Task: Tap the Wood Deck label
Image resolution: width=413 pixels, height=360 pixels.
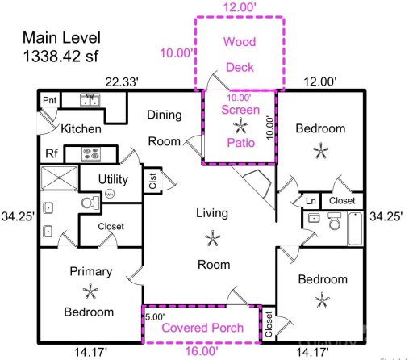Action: pyautogui.click(x=239, y=54)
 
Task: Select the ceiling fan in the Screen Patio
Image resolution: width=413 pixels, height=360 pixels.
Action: pyautogui.click(x=240, y=125)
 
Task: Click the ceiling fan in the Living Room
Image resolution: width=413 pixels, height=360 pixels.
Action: pyautogui.click(x=213, y=238)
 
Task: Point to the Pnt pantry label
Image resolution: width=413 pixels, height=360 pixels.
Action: pyautogui.click(x=50, y=101)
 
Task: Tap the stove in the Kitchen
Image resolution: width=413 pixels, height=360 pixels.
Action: pyautogui.click(x=90, y=153)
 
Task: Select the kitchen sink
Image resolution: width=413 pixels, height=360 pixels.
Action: pyautogui.click(x=90, y=101)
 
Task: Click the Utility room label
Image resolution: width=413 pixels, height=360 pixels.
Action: pyautogui.click(x=113, y=178)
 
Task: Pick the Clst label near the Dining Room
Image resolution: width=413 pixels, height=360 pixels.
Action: pyautogui.click(x=152, y=181)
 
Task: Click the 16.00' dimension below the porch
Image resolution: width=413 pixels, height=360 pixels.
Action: pyautogui.click(x=202, y=351)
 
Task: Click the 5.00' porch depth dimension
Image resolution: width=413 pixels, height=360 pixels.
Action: pyautogui.click(x=155, y=317)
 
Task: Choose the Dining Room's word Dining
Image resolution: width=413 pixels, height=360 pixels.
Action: pyautogui.click(x=164, y=115)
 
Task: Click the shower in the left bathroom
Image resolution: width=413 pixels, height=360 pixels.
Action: pyautogui.click(x=59, y=178)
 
